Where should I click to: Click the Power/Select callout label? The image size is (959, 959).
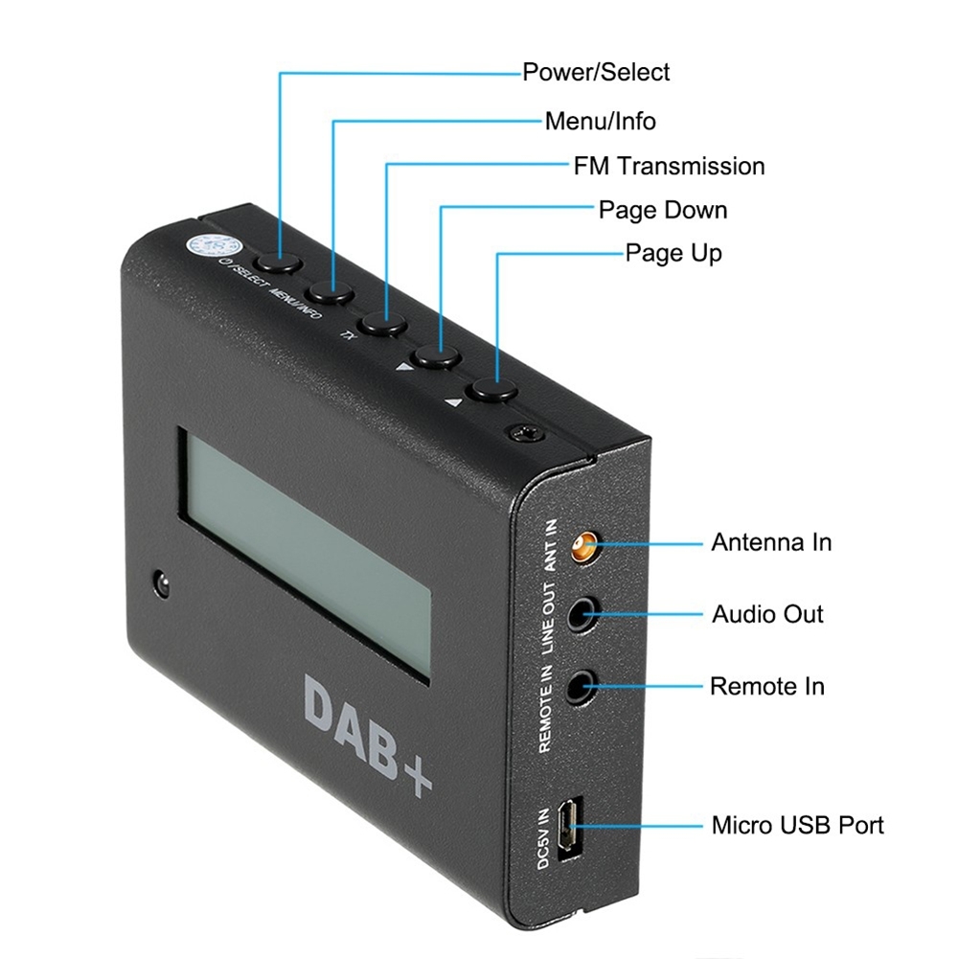coord(595,72)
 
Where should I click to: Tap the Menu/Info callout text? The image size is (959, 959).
coord(600,121)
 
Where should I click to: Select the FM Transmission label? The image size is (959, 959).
coord(669,166)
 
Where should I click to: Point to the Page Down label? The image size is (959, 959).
coord(663,210)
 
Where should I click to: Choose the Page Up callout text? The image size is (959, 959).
coord(674,253)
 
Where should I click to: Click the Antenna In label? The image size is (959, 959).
coord(770,542)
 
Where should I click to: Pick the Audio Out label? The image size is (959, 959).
coord(767,613)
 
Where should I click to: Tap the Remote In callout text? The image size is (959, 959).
coord(766,686)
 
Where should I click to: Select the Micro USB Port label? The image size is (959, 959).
coord(797,825)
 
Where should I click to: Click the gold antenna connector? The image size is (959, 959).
coord(581,548)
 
